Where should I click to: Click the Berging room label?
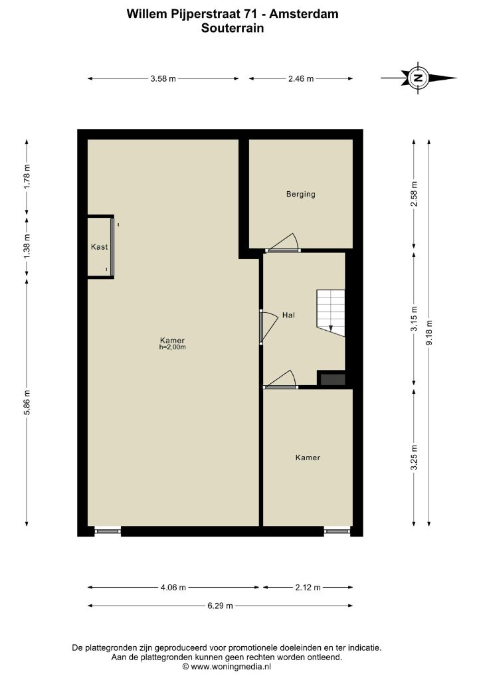(x=300, y=195)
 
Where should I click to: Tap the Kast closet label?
(x=100, y=247)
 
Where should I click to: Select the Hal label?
(x=288, y=315)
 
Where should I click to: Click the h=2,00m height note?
(x=173, y=347)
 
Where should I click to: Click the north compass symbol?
(x=418, y=78)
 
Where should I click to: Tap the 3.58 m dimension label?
(x=163, y=79)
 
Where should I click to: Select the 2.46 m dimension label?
(x=301, y=79)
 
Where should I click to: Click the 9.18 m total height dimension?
(x=429, y=332)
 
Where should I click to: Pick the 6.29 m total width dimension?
(x=221, y=606)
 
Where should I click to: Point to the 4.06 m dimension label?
(x=173, y=588)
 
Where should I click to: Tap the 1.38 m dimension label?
(x=27, y=246)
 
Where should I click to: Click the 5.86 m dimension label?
(x=27, y=402)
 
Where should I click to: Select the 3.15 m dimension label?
(x=414, y=319)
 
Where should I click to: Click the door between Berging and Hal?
(x=283, y=243)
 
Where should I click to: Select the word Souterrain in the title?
(x=233, y=28)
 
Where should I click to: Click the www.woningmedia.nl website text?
(x=231, y=667)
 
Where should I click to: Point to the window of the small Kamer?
(x=337, y=531)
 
